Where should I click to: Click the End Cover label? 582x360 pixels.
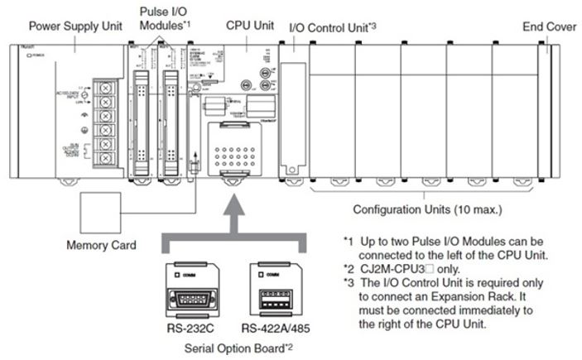pos(549,26)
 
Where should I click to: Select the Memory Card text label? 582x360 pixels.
pos(101,245)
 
